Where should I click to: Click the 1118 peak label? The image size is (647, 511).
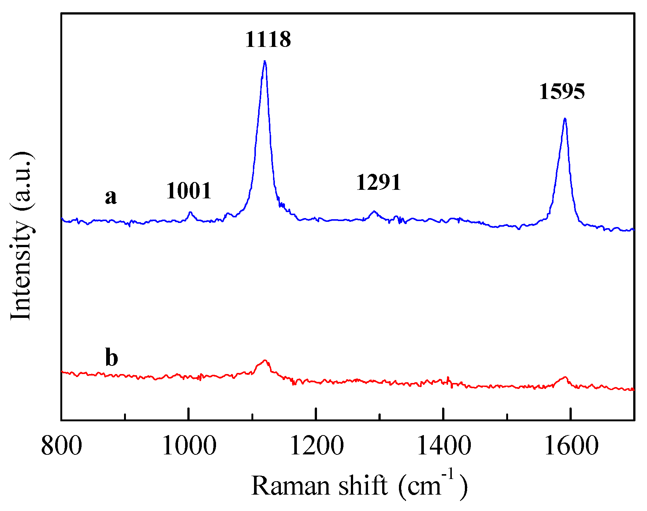[268, 39]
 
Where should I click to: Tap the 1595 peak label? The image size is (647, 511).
[562, 92]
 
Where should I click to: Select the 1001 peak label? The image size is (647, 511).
[188, 191]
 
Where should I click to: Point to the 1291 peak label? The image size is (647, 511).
[378, 182]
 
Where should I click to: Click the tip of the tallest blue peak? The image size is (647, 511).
[264, 61]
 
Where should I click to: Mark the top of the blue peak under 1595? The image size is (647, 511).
[565, 119]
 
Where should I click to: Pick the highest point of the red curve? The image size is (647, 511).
[265, 360]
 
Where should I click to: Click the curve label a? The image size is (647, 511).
[111, 197]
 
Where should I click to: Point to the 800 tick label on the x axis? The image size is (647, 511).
[61, 446]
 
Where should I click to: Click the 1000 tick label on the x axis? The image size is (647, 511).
[189, 446]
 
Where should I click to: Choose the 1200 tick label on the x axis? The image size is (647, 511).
[316, 446]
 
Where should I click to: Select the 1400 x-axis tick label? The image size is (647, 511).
[444, 446]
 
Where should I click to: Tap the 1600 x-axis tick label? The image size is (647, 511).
[571, 446]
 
